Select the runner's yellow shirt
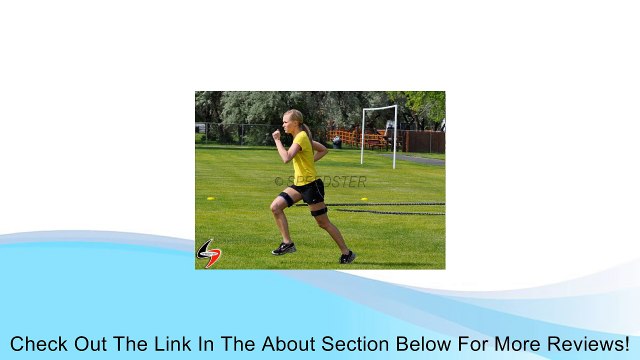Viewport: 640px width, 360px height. (303, 158)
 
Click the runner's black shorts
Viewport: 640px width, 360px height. (310, 190)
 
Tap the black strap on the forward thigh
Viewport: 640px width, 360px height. (286, 199)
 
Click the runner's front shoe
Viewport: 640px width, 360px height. (284, 248)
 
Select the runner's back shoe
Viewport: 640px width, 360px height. (347, 257)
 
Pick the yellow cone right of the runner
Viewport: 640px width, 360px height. (365, 200)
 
